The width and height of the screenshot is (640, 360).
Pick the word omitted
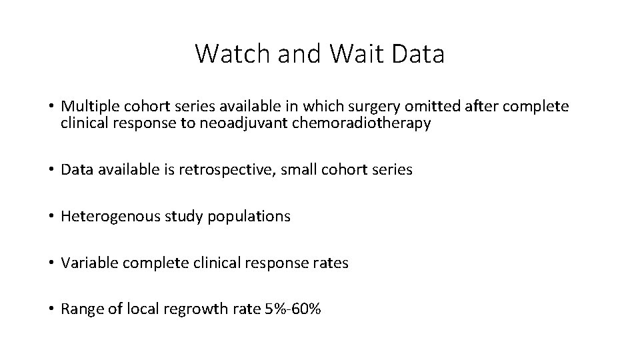[x=423, y=107]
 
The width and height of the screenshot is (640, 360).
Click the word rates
[x=330, y=263]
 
